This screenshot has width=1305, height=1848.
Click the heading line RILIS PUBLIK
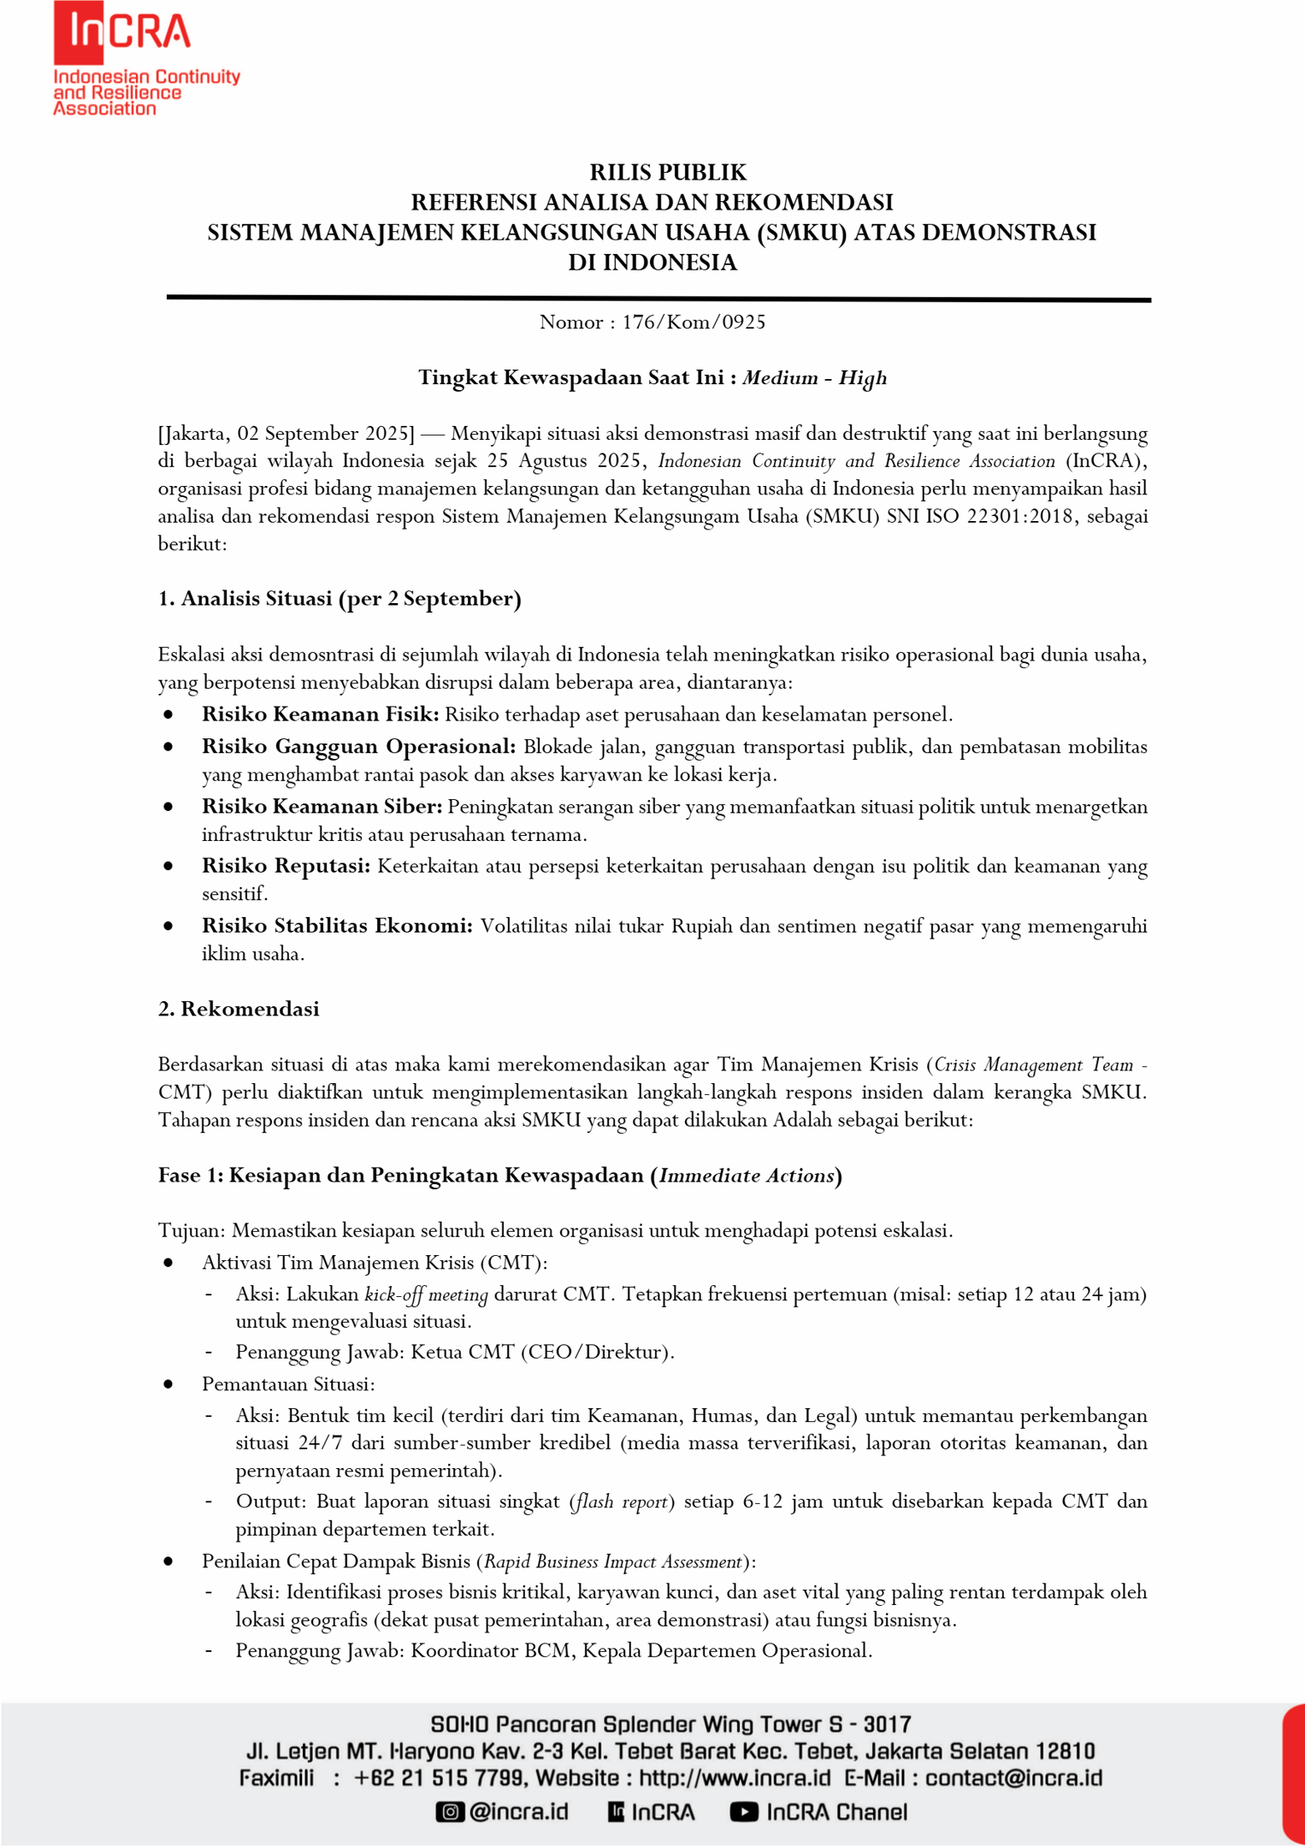tap(668, 172)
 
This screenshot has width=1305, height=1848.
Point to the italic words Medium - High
tap(814, 377)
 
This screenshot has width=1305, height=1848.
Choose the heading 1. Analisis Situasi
tap(340, 599)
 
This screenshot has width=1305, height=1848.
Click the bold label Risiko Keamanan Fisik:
tap(320, 714)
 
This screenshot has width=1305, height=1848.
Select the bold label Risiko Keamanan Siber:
tap(322, 807)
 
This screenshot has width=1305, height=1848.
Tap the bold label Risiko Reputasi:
tap(286, 866)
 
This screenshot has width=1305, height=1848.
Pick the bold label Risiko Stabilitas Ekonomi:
tap(337, 926)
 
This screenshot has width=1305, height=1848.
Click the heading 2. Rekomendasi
tap(239, 1009)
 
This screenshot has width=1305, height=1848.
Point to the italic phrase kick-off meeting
tap(426, 1294)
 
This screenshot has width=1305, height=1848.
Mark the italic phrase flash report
tap(622, 1501)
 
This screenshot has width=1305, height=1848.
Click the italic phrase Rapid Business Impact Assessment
tap(613, 1561)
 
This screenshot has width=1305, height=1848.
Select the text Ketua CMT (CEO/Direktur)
tap(542, 1352)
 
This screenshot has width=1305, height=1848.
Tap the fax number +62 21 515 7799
tap(440, 1778)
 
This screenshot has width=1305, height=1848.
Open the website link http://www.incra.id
tap(735, 1778)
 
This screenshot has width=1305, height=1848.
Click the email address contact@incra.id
tap(1013, 1778)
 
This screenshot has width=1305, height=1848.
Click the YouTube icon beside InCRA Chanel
tap(743, 1812)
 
